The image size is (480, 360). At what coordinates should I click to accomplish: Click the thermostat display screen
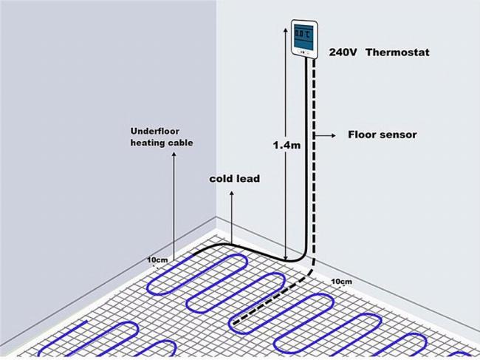click(x=304, y=35)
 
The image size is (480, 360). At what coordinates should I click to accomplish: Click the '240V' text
click(x=343, y=52)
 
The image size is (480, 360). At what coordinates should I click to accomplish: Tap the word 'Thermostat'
click(x=397, y=52)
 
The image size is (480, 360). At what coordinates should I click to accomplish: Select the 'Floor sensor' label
click(x=383, y=135)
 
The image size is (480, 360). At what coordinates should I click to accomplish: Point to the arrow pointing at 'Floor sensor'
click(x=326, y=135)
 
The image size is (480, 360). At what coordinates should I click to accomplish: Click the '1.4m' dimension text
click(x=287, y=145)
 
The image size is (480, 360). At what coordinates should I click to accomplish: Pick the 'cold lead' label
click(x=235, y=179)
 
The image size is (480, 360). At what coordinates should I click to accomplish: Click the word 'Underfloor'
click(x=155, y=131)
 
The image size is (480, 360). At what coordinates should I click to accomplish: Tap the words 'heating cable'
click(x=162, y=143)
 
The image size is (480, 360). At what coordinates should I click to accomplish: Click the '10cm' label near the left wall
click(x=157, y=259)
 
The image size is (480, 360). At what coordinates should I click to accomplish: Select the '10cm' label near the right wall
click(x=341, y=281)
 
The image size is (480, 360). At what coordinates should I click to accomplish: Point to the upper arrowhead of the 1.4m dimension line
click(x=286, y=30)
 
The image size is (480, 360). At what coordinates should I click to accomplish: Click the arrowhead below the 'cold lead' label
click(x=232, y=194)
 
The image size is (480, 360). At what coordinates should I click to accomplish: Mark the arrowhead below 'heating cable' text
click(x=174, y=154)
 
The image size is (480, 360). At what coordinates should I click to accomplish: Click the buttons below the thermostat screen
click(x=304, y=52)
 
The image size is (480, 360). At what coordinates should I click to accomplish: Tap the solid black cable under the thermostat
click(x=306, y=160)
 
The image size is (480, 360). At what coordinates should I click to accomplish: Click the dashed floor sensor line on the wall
click(x=314, y=160)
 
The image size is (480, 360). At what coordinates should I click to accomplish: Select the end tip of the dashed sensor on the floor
click(x=234, y=323)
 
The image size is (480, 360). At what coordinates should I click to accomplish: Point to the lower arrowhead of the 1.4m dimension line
click(x=286, y=258)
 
